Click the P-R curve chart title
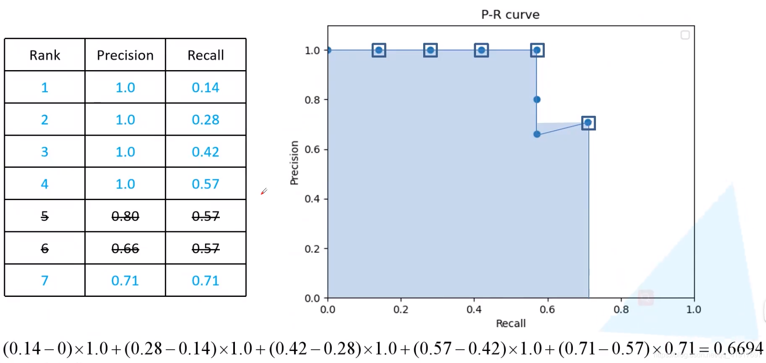pos(510,15)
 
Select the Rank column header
pos(45,55)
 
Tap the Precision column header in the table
pos(125,55)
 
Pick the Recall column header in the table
pos(206,55)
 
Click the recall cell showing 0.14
pos(206,87)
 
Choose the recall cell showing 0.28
pos(206,120)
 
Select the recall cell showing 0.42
pos(206,152)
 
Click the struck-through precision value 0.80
pos(125,216)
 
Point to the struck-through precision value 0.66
pos(125,249)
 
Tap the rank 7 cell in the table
pos(45,280)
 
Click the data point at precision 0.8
pos(537,99)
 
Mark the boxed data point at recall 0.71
pos(588,122)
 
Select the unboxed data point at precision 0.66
pos(537,134)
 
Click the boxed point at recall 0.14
pos(379,50)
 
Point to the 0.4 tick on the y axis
pos(312,199)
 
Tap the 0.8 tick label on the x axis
pos(621,309)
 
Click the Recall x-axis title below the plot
pos(511,324)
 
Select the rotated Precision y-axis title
pos(294,162)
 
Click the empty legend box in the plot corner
pos(685,35)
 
